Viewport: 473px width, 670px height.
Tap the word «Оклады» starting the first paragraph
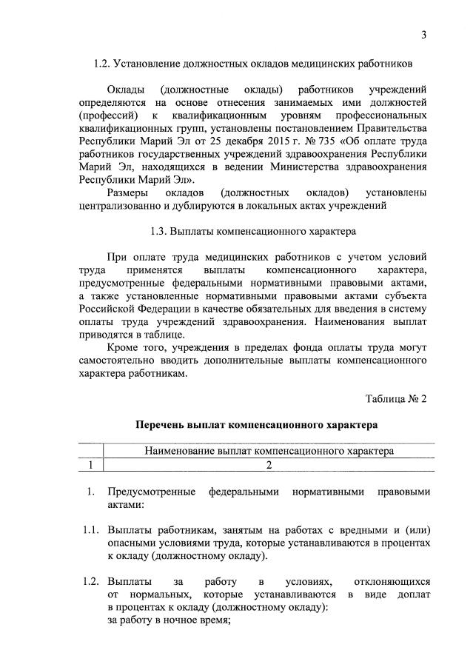tap(125, 90)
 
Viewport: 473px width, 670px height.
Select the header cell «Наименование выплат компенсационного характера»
tap(268, 450)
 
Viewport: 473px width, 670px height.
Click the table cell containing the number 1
tap(90, 465)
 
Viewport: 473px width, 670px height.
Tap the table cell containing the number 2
tap(269, 465)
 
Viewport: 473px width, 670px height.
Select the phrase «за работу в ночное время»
tap(170, 621)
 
